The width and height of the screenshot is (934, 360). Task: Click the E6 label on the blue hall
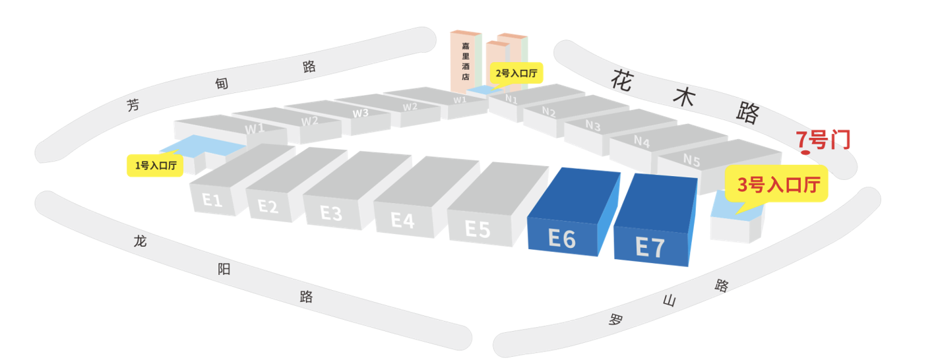click(x=562, y=239)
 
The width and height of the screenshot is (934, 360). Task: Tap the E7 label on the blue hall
click(x=650, y=247)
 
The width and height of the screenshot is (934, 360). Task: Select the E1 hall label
click(x=212, y=200)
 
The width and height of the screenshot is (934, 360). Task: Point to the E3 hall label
click(x=331, y=214)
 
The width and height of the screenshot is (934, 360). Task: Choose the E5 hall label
click(x=478, y=229)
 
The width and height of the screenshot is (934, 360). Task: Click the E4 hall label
click(x=402, y=220)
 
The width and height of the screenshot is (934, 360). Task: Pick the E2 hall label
click(x=268, y=206)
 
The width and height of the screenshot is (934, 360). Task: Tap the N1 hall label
click(x=511, y=99)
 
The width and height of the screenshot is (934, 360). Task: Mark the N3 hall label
click(x=593, y=125)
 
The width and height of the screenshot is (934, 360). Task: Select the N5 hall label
click(x=692, y=160)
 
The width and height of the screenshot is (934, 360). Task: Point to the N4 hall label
click(x=642, y=142)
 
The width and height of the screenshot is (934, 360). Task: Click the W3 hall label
click(x=361, y=113)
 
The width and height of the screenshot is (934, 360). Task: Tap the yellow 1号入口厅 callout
click(x=155, y=165)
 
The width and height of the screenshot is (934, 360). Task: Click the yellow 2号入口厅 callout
click(x=516, y=73)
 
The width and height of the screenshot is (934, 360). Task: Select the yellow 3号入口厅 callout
click(x=776, y=184)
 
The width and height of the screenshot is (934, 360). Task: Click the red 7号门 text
click(x=823, y=140)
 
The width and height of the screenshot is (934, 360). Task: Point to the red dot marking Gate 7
click(x=805, y=152)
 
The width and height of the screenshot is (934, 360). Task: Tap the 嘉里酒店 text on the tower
click(x=466, y=61)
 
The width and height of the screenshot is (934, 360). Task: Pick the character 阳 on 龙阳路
click(x=224, y=269)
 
